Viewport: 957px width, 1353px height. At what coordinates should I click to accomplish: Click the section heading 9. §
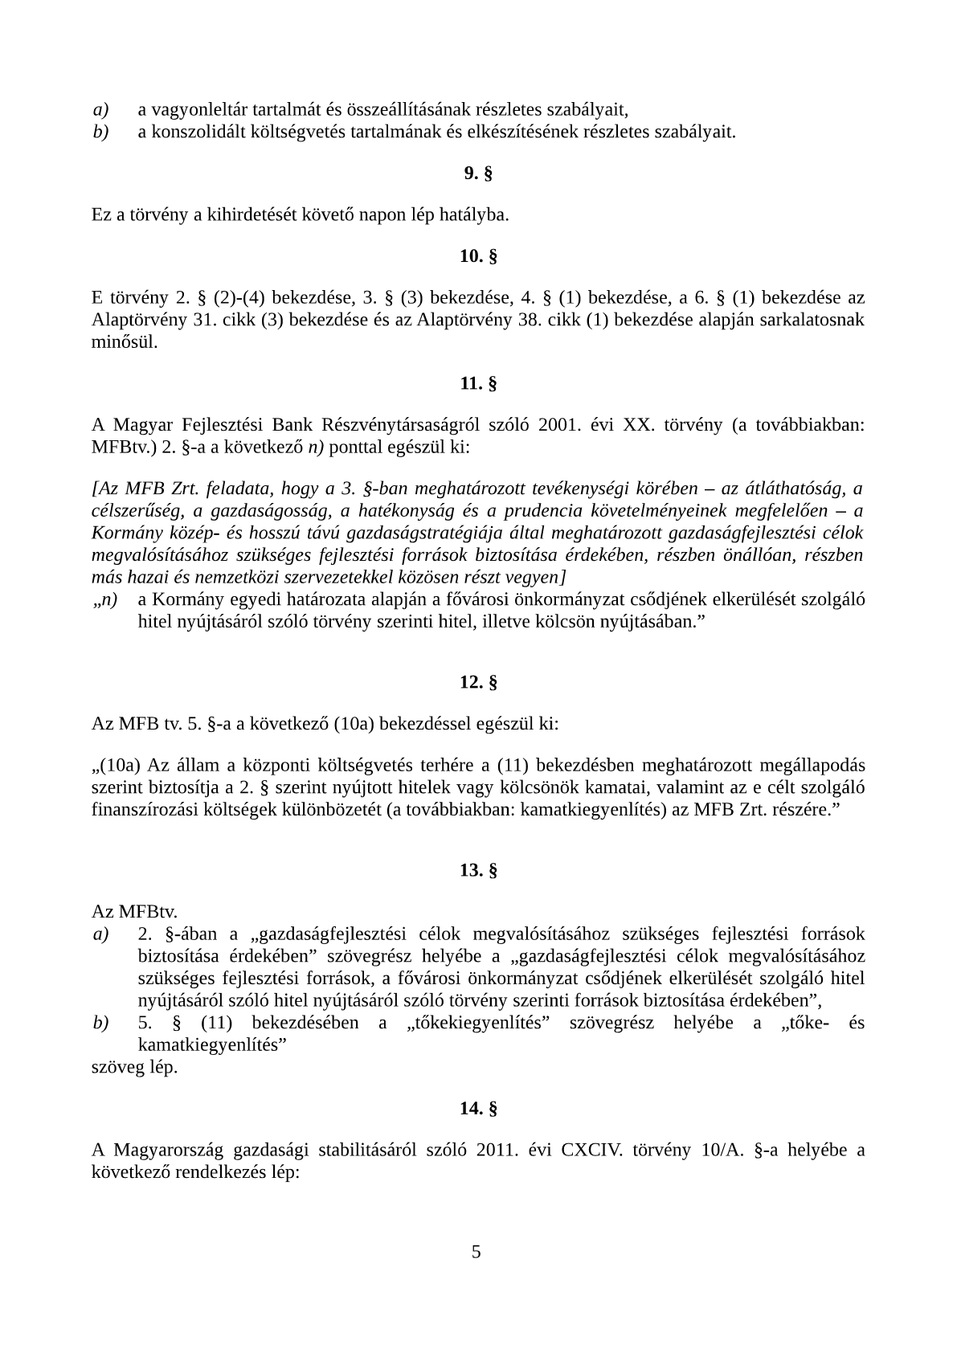[x=478, y=173]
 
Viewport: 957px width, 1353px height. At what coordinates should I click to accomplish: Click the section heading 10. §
[x=478, y=256]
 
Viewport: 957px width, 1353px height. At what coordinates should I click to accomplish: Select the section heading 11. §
[x=478, y=383]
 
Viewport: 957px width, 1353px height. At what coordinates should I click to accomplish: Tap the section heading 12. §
[x=478, y=682]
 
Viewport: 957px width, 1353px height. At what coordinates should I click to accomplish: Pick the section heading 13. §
[x=478, y=870]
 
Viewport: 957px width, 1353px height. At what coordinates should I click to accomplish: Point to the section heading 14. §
[x=478, y=1109]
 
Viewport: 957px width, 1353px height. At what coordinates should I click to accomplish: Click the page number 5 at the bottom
[x=476, y=1252]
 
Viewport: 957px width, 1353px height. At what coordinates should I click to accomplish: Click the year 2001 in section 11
[x=559, y=425]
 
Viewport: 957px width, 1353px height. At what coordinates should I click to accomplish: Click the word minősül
[x=125, y=341]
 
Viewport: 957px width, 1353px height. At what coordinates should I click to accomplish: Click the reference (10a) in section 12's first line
[x=352, y=724]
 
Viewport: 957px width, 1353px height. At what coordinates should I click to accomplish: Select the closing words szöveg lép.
[x=134, y=1068]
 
